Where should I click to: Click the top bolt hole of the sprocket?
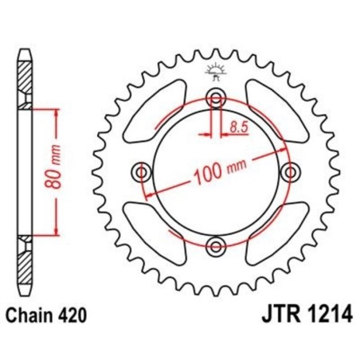point(215,99)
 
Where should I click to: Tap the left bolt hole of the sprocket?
point(143,172)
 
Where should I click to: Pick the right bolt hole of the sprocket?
point(288,172)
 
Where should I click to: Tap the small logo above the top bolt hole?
point(215,71)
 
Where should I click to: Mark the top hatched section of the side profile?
point(25,80)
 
